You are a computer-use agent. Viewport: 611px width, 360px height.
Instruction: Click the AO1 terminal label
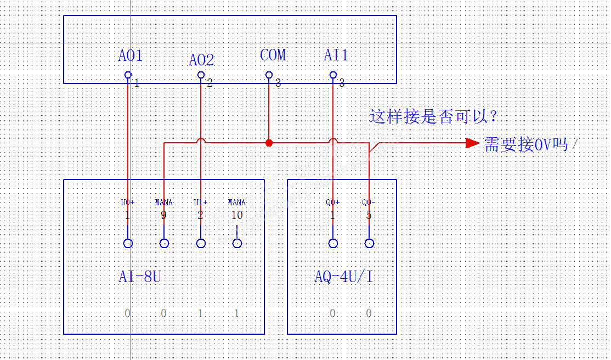click(x=130, y=55)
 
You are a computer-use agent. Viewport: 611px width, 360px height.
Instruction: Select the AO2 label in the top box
click(x=201, y=60)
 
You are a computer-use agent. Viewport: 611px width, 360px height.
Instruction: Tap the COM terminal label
click(x=273, y=55)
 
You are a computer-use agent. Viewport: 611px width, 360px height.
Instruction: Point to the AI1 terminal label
click(x=336, y=55)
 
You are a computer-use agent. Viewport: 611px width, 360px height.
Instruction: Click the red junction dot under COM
click(x=269, y=143)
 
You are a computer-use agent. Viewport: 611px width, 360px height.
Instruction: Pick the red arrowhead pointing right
click(x=472, y=143)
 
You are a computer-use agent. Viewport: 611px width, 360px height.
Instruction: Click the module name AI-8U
click(x=140, y=277)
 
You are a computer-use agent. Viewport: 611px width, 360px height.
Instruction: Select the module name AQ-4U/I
click(x=344, y=277)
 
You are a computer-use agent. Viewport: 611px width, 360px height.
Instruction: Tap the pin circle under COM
click(x=269, y=75)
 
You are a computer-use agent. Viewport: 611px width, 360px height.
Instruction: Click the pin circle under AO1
click(x=128, y=75)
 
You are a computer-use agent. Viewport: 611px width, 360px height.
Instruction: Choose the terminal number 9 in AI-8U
click(x=163, y=215)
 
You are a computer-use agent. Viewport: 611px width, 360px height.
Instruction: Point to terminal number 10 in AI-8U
click(x=237, y=215)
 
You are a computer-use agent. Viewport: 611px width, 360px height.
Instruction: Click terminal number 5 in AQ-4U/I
click(x=369, y=215)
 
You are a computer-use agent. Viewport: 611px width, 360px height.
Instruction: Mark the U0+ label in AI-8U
click(x=128, y=203)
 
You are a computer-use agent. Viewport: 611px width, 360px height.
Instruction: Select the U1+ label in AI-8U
click(x=201, y=203)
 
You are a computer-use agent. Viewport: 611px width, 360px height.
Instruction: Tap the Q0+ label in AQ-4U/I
click(x=332, y=203)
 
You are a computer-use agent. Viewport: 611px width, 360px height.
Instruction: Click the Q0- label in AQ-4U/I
click(x=369, y=203)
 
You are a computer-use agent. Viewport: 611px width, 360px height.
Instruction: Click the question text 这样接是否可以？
click(x=433, y=116)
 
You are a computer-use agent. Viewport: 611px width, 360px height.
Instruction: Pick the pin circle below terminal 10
click(x=237, y=243)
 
